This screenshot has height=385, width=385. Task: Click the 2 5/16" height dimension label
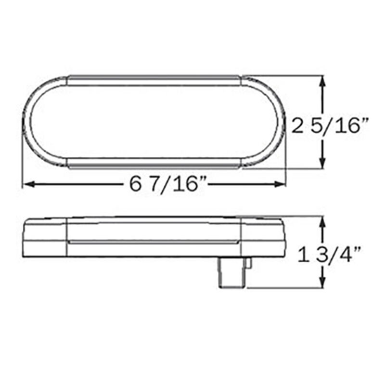(331, 126)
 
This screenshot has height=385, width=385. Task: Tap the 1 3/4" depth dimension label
(331, 254)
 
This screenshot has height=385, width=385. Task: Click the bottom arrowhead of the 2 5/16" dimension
(322, 164)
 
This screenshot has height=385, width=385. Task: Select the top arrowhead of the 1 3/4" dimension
(322, 221)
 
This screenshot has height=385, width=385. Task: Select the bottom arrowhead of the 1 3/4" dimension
(322, 283)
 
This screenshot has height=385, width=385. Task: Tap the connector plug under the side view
(234, 272)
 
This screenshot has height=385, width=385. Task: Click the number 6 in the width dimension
(135, 184)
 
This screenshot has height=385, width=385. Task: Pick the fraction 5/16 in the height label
(342, 126)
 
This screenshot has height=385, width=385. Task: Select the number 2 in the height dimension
(299, 126)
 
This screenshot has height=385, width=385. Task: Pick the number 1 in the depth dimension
(302, 254)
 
